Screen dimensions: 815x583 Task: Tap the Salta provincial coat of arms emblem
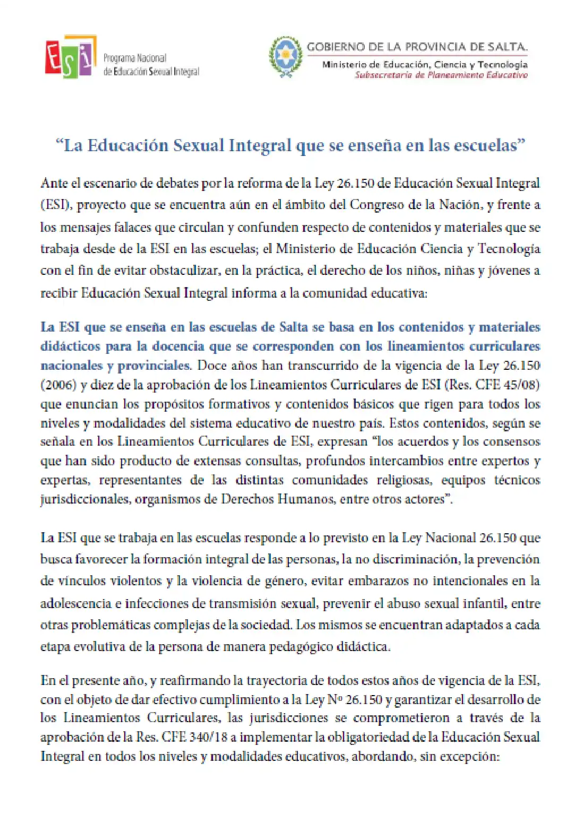pos(286,56)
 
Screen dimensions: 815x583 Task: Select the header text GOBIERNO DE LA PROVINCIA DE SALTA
pos(417,47)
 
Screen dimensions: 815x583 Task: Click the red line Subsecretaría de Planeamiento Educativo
pos(441,75)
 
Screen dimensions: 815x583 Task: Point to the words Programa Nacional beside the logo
pos(135,58)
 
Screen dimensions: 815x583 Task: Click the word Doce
pos(212,366)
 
